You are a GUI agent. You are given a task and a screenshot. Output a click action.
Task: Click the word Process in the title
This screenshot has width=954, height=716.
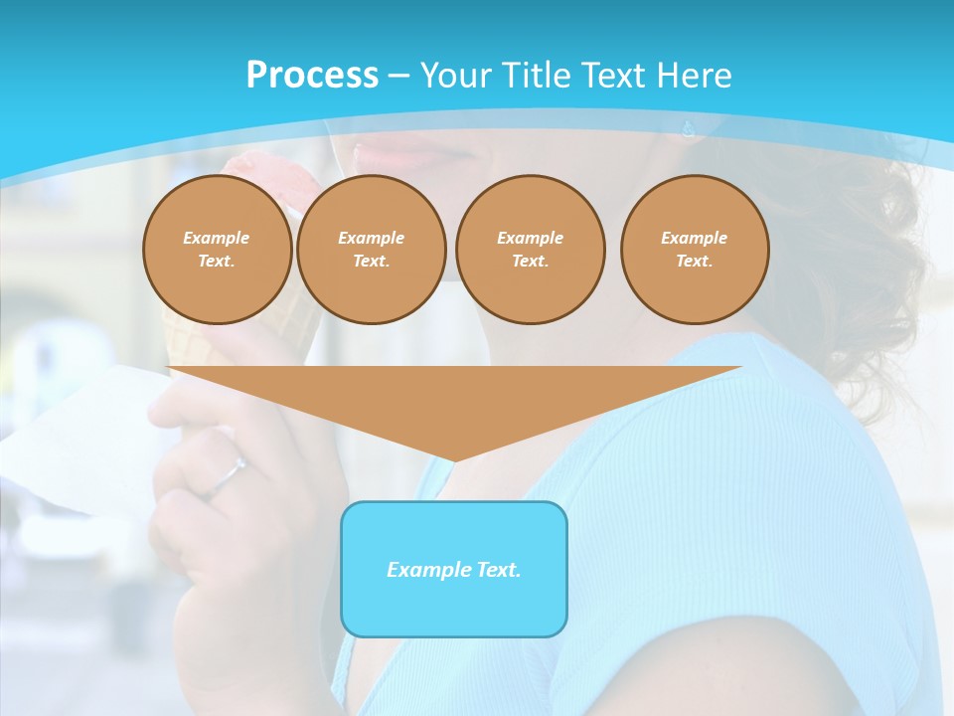312,75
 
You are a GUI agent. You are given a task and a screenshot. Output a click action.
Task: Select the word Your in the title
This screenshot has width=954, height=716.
457,75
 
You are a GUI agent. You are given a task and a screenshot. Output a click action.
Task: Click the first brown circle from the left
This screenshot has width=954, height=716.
217,250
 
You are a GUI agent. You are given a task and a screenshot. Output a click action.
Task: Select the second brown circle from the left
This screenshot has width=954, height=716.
371,250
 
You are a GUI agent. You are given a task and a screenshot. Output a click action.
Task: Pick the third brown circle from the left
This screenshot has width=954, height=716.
530,250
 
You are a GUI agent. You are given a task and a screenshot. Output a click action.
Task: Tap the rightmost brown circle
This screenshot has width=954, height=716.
694,250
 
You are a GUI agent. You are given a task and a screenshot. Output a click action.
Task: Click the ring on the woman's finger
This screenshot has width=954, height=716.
228,475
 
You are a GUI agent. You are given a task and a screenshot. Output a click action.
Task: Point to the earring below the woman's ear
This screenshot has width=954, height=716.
687,128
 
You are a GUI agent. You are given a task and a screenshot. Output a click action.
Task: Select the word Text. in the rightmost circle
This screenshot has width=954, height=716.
694,262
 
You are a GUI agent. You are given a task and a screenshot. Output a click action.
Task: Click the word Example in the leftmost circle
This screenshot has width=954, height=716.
217,238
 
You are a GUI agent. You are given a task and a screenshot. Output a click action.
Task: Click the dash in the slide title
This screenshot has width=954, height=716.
398,76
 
